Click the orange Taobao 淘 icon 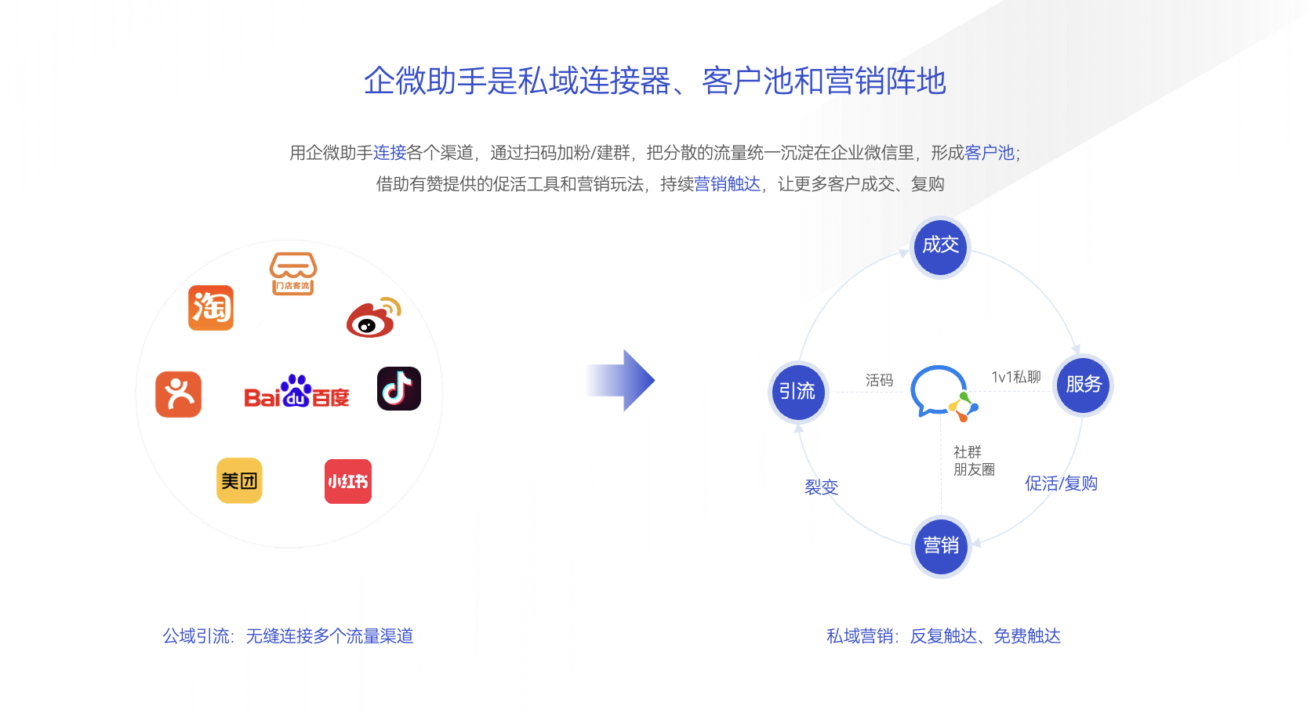click(211, 308)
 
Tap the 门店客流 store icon click(293, 273)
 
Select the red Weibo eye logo click(373, 317)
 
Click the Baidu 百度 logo click(296, 391)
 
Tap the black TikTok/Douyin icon click(399, 389)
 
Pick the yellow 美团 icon click(239, 481)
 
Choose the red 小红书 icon click(348, 481)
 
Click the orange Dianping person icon click(179, 394)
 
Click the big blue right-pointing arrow click(620, 380)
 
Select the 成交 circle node click(941, 247)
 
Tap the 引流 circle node click(797, 391)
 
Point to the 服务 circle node click(1084, 385)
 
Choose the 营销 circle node click(941, 546)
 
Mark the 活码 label click(879, 381)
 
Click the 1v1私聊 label click(1016, 378)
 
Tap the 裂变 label click(821, 487)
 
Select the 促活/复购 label click(1061, 483)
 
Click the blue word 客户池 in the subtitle click(989, 153)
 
